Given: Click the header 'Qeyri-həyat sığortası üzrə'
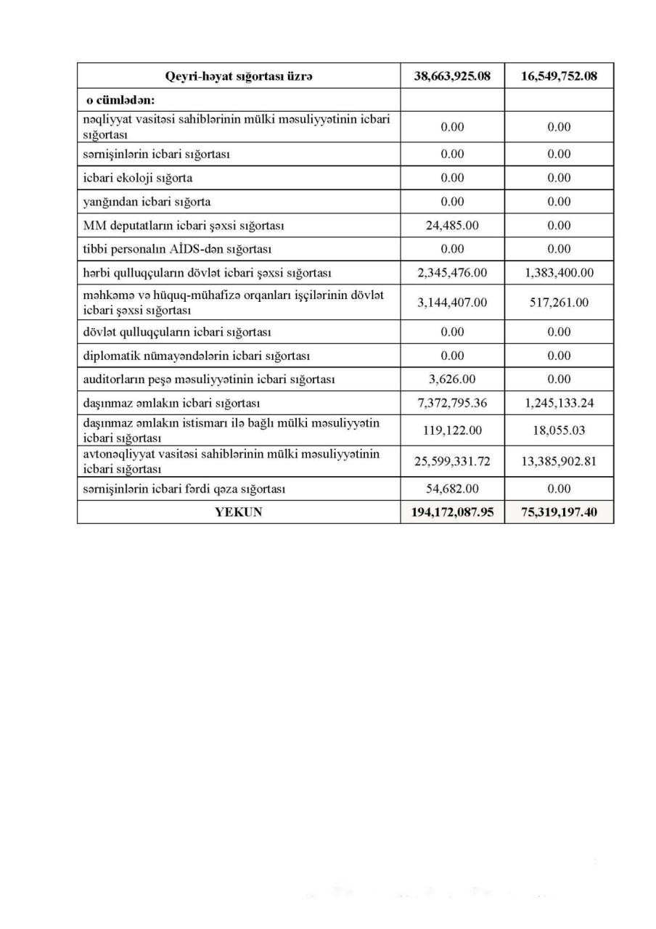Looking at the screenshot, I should (x=239, y=75).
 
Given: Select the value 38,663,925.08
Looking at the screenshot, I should (x=452, y=75).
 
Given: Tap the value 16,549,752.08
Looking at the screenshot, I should (x=559, y=75).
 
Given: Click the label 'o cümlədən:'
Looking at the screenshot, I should (x=120, y=100).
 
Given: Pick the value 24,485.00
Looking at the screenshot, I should (x=452, y=226).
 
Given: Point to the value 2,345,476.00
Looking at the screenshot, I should (x=452, y=273).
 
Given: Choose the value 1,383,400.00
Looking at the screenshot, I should (x=559, y=273).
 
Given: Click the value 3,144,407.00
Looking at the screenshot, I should (x=452, y=302).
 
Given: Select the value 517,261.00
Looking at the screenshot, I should (x=559, y=302).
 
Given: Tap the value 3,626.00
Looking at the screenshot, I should (x=452, y=379).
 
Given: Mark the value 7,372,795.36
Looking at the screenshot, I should (x=452, y=403).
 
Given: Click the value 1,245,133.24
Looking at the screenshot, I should (x=559, y=403).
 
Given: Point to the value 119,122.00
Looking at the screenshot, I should (x=452, y=430).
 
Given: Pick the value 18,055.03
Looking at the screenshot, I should (x=559, y=430).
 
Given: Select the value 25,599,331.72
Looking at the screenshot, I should (x=452, y=461).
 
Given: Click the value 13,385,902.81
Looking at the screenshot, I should (x=559, y=461).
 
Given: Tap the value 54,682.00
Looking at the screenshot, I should (x=452, y=488).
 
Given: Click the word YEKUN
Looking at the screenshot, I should (x=239, y=512).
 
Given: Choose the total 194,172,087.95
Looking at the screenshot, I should (x=452, y=512).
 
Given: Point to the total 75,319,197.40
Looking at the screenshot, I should (x=559, y=512).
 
